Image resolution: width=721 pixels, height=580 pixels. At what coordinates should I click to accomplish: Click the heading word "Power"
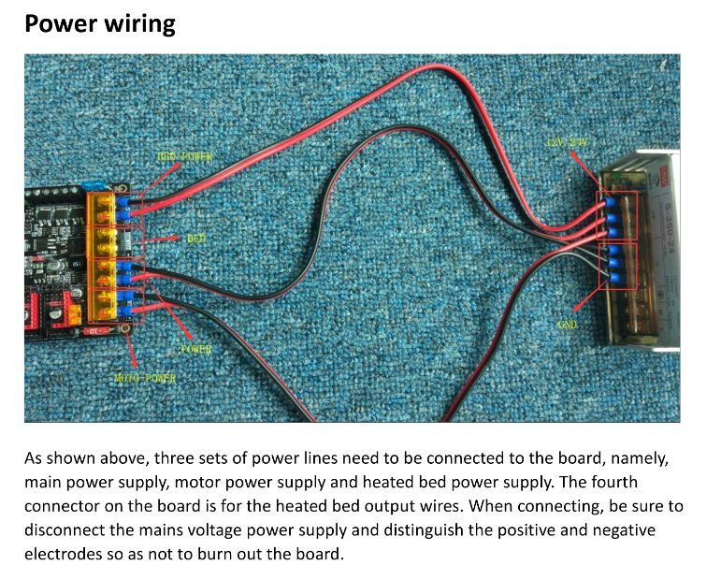click(x=61, y=23)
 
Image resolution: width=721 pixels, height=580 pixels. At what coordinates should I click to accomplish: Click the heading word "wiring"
click(x=139, y=23)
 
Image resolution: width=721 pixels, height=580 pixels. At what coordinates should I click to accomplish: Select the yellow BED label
click(x=196, y=239)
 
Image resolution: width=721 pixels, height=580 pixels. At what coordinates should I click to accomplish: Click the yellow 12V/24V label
click(x=567, y=141)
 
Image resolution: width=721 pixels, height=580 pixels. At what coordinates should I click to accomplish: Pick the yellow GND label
click(x=568, y=325)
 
